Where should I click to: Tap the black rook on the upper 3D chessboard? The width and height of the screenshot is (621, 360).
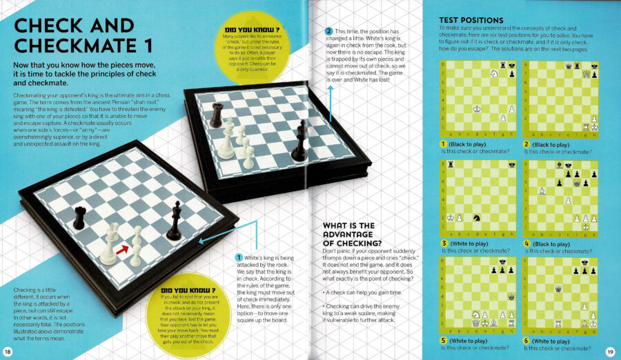pyautogui.click(x=217, y=115)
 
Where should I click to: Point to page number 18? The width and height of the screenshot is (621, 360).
pyautogui.click(x=8, y=352)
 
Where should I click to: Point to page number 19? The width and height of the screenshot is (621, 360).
pyautogui.click(x=610, y=352)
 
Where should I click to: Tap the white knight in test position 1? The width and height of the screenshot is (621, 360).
pyautogui.click(x=493, y=72)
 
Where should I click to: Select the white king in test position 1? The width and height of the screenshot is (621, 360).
pyautogui.click(x=477, y=108)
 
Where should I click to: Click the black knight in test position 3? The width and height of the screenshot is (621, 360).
pyautogui.click(x=476, y=217)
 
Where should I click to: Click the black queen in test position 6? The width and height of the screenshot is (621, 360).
pyautogui.click(x=558, y=288)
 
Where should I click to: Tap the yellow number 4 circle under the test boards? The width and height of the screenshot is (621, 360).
pyautogui.click(x=527, y=243)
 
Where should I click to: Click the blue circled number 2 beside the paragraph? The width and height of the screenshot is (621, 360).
pyautogui.click(x=329, y=32)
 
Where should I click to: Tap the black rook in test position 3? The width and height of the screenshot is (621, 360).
pyautogui.click(x=451, y=163)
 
